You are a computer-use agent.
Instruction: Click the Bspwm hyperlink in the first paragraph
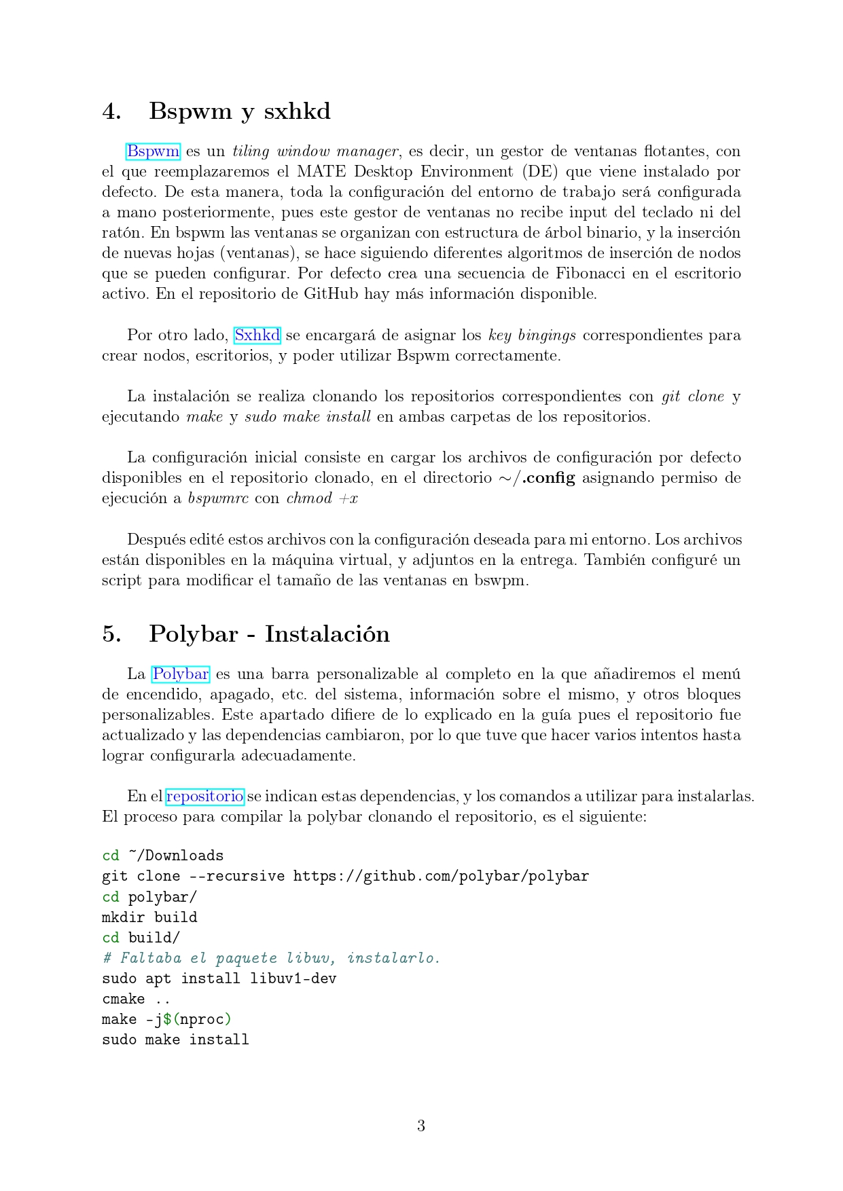[x=153, y=151]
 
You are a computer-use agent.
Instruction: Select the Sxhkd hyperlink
[x=257, y=335]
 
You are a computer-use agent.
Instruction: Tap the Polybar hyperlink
[x=180, y=674]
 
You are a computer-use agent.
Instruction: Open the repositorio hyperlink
[x=204, y=796]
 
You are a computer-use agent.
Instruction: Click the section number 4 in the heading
[x=111, y=111]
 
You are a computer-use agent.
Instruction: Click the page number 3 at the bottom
[x=421, y=1126]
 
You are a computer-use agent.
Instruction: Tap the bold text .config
[x=548, y=477]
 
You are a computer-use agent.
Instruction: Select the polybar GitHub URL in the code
[x=441, y=876]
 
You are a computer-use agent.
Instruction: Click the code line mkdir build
[x=149, y=917]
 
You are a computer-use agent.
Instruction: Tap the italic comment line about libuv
[x=271, y=957]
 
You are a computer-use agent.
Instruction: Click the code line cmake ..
[x=135, y=999]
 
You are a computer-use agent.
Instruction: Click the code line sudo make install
[x=175, y=1040]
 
